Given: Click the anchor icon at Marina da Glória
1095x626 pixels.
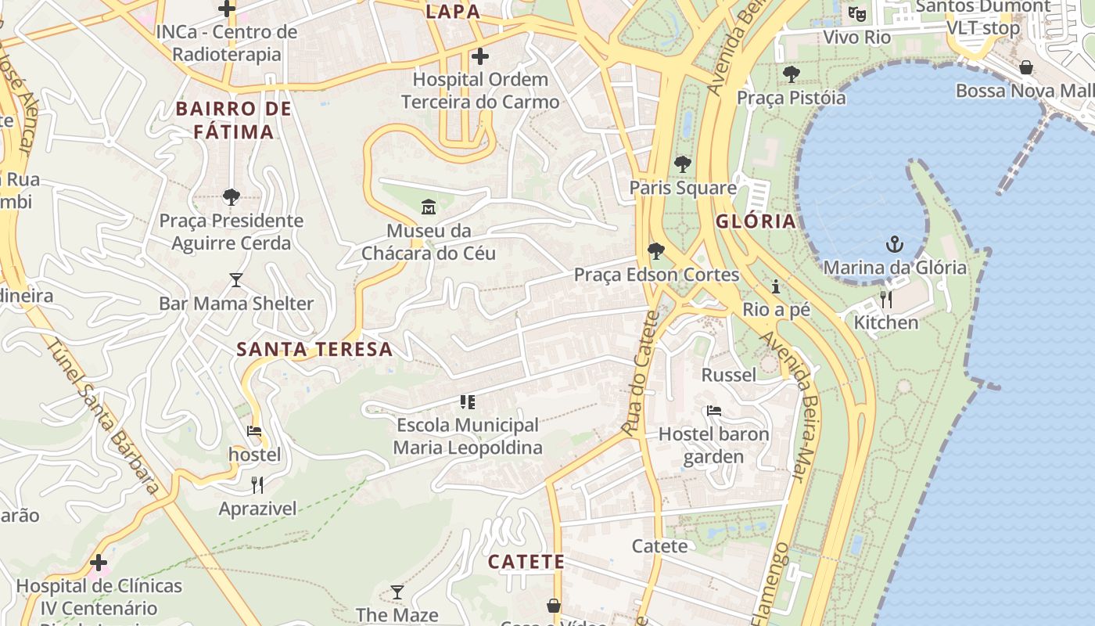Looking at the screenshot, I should click(x=895, y=244).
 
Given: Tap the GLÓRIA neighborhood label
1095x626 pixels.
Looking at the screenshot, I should click(x=756, y=221).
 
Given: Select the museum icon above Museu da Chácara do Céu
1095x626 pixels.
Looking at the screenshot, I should click(x=429, y=207).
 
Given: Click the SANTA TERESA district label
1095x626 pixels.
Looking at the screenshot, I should click(x=314, y=350).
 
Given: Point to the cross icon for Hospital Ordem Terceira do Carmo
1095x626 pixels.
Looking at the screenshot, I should click(x=480, y=56).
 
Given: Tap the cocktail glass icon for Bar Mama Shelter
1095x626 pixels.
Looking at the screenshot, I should click(x=236, y=279).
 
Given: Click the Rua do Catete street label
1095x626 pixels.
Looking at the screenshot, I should click(x=642, y=372).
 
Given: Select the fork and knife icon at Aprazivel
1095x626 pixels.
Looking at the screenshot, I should click(x=257, y=485).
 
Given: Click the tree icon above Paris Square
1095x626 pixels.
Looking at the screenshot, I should click(x=683, y=164).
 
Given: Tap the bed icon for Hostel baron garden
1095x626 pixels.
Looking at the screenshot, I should click(x=713, y=410).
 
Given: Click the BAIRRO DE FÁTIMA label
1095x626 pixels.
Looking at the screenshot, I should click(x=234, y=120).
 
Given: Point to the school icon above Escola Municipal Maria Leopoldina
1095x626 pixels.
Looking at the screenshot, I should click(x=468, y=402).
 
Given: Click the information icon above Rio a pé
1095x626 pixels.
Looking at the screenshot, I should click(x=776, y=286).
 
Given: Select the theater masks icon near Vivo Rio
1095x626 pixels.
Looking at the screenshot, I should click(x=857, y=14).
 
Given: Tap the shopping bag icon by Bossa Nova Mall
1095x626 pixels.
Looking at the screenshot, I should click(x=1026, y=68).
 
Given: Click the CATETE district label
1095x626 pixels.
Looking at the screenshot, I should click(x=526, y=562).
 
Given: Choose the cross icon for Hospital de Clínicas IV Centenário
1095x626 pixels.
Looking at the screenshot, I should click(x=99, y=562).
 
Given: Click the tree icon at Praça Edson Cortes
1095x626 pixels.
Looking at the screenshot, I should click(x=656, y=251).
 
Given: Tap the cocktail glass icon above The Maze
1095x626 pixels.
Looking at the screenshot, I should click(x=397, y=592).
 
